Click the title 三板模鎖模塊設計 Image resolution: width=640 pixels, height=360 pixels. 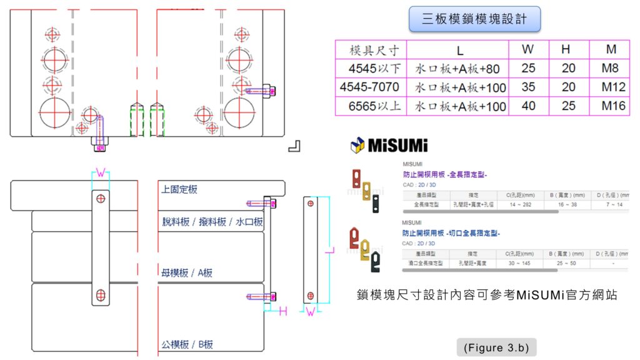click(x=474, y=19)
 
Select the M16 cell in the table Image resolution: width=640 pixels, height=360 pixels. click(x=613, y=106)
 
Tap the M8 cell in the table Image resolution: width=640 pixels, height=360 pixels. click(x=613, y=68)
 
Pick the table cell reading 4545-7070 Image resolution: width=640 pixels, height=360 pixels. click(x=369, y=87)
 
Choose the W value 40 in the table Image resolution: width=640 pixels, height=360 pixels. click(x=529, y=106)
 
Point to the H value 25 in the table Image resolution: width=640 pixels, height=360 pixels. click(x=569, y=106)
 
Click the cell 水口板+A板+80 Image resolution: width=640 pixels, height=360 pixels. click(x=457, y=68)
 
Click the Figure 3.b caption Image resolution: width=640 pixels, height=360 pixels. click(x=496, y=347)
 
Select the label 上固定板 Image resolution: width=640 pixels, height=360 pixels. click(x=179, y=189)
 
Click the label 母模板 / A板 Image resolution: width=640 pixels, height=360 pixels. click(x=187, y=272)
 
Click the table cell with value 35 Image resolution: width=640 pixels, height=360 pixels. click(x=529, y=87)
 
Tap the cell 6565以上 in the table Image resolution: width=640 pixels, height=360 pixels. click(x=369, y=106)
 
